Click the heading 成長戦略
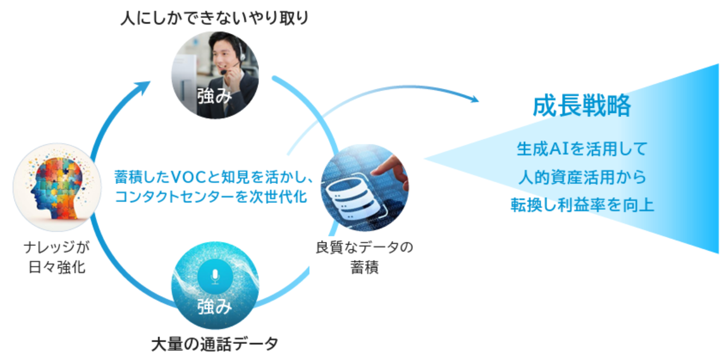[581, 107]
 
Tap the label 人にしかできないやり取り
[215, 18]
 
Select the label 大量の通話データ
[215, 344]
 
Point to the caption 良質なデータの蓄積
[364, 257]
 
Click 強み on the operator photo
[215, 95]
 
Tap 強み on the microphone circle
[215, 307]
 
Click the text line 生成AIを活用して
[582, 150]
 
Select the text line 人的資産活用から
[582, 177]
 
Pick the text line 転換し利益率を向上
[582, 205]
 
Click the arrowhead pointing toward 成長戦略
[474, 99]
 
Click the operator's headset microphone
[225, 72]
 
